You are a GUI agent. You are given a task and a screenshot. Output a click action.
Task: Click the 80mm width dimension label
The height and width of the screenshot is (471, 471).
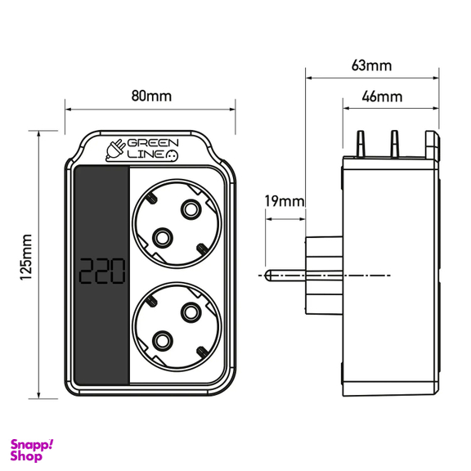point(151,96)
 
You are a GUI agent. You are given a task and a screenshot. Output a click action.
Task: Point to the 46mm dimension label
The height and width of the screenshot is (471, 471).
point(383,96)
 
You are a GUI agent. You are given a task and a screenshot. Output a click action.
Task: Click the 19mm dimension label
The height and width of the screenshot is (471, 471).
point(284,200)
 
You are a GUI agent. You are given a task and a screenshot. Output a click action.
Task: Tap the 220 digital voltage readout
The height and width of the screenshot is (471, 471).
point(101,271)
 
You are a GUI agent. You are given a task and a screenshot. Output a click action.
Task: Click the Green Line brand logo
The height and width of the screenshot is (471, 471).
point(144,146)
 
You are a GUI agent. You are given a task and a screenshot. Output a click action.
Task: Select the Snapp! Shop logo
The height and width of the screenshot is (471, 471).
point(31,448)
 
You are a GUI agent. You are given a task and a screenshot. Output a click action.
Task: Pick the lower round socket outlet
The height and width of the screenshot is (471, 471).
point(176,323)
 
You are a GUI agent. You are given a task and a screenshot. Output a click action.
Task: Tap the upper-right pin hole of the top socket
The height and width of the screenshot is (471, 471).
point(191,209)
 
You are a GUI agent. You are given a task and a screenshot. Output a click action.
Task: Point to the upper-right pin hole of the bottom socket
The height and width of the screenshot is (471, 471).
point(191,310)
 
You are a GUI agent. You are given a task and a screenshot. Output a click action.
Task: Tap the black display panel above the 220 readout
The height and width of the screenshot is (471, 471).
point(101,204)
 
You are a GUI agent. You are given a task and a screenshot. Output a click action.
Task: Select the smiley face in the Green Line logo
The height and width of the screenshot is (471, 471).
point(173,153)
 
